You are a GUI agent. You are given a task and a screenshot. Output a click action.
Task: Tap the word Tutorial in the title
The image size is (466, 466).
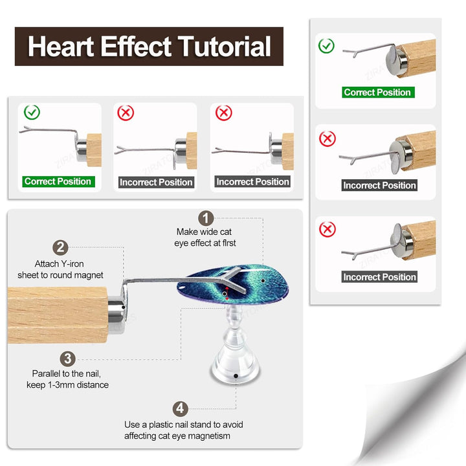(x=225, y=47)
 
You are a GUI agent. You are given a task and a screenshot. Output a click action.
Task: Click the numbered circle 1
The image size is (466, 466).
(x=205, y=218)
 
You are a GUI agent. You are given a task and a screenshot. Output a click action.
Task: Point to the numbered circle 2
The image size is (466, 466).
(x=61, y=247)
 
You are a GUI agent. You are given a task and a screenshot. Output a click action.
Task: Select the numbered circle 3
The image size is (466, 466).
(x=69, y=359)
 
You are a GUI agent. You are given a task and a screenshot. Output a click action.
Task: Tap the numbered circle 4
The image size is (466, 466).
(x=181, y=409)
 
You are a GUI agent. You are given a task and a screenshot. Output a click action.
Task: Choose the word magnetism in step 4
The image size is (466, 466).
(x=211, y=436)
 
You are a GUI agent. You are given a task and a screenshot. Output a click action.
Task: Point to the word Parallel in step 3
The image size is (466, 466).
(x=48, y=373)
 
